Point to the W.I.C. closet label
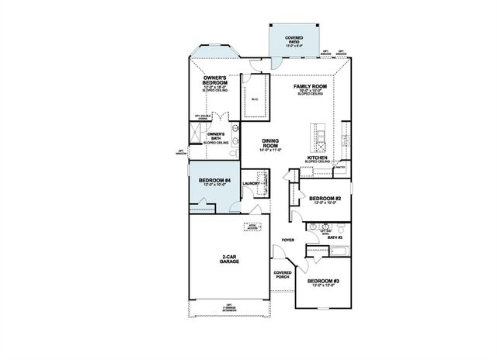(x=254, y=99)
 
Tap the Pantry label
(x=339, y=166)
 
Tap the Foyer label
(x=287, y=240)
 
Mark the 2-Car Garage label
(x=228, y=259)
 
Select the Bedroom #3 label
(x=322, y=282)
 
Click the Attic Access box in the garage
(x=252, y=227)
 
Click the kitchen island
(x=316, y=137)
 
